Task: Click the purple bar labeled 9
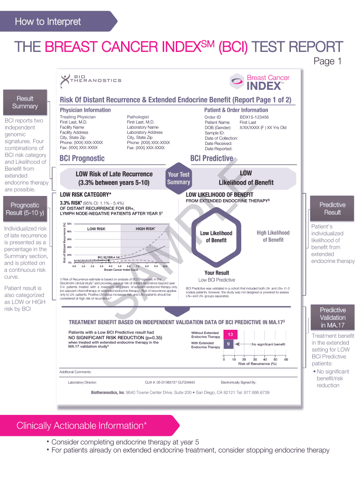point(228,344)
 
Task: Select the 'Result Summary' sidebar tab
point(25,102)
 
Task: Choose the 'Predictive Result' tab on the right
point(332,209)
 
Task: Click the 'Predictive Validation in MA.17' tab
point(332,318)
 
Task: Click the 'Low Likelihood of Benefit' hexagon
point(216,237)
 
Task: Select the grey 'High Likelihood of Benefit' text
point(273,236)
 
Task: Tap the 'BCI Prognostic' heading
point(82,159)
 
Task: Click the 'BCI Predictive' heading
point(211,159)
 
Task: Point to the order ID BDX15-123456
point(254,117)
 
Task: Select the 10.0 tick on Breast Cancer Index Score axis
point(165,266)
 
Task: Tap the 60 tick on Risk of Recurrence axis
point(286,359)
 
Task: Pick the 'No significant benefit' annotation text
point(268,344)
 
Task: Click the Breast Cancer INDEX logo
point(261,81)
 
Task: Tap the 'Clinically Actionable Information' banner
point(82,426)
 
